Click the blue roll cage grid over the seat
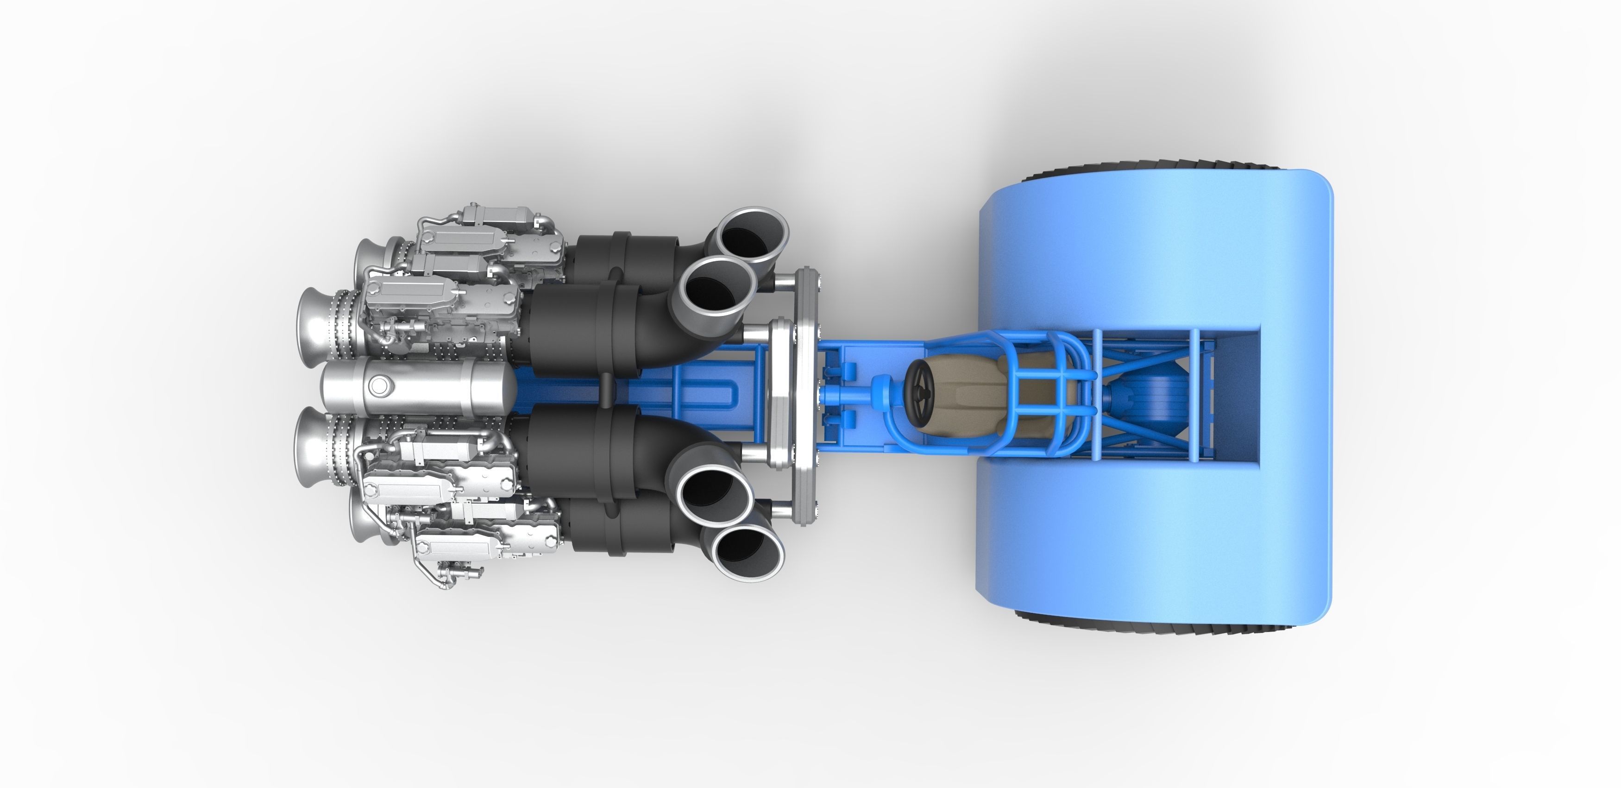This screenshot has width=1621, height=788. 1032,378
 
